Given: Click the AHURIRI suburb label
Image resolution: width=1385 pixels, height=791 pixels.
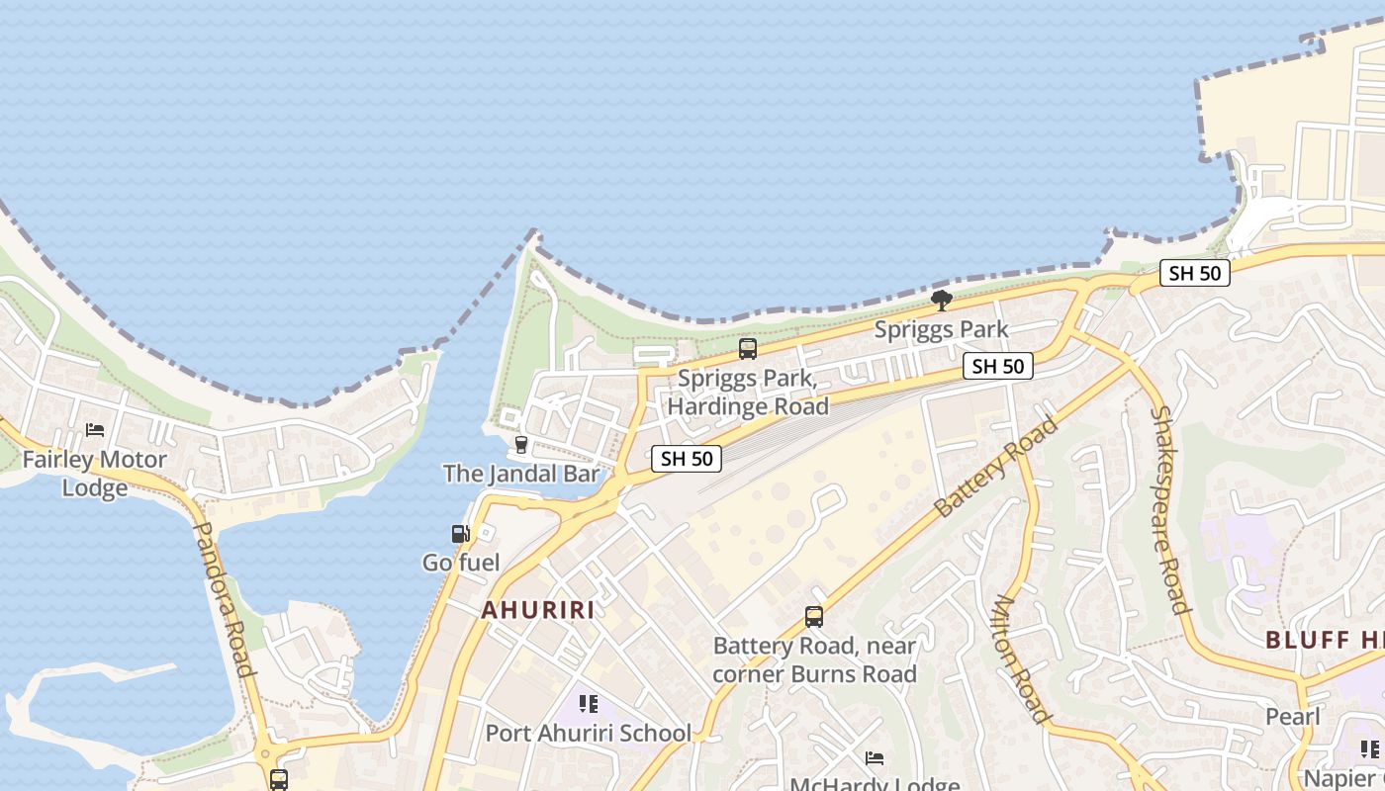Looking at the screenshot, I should pyautogui.click(x=538, y=610).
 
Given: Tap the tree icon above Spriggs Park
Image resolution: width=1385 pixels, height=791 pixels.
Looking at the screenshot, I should pyautogui.click(x=942, y=299).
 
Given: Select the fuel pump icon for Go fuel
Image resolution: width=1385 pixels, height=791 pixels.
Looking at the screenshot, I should pyautogui.click(x=460, y=534).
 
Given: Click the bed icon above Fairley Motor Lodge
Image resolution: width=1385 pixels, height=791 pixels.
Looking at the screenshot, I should pyautogui.click(x=95, y=430).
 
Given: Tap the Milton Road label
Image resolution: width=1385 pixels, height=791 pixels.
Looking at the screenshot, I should pyautogui.click(x=1020, y=659).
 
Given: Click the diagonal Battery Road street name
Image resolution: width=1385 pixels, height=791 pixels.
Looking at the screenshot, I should pyautogui.click(x=995, y=468).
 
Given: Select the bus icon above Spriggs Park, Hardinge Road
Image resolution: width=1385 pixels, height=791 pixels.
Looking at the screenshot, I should pyautogui.click(x=748, y=348).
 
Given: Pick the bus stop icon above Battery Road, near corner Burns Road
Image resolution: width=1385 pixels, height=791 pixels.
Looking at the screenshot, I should pyautogui.click(x=814, y=617).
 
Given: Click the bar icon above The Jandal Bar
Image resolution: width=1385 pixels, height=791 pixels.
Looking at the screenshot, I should pyautogui.click(x=521, y=444).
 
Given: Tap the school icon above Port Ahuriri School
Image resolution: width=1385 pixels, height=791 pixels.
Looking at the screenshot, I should pyautogui.click(x=589, y=704).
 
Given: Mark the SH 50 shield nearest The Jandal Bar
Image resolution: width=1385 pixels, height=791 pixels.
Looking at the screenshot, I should pyautogui.click(x=687, y=459).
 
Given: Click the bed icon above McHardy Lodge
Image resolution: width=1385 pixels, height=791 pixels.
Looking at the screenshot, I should pyautogui.click(x=875, y=758).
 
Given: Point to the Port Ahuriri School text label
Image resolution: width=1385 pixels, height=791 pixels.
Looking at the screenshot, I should pyautogui.click(x=588, y=734).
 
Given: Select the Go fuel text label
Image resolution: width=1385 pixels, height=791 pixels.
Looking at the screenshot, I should pyautogui.click(x=461, y=563).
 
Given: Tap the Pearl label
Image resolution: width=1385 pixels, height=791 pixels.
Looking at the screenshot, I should pyautogui.click(x=1293, y=716).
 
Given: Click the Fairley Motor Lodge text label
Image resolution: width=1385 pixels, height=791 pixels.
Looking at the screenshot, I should pyautogui.click(x=95, y=474).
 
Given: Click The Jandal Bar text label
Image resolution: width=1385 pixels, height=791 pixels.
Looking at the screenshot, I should pyautogui.click(x=521, y=474).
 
